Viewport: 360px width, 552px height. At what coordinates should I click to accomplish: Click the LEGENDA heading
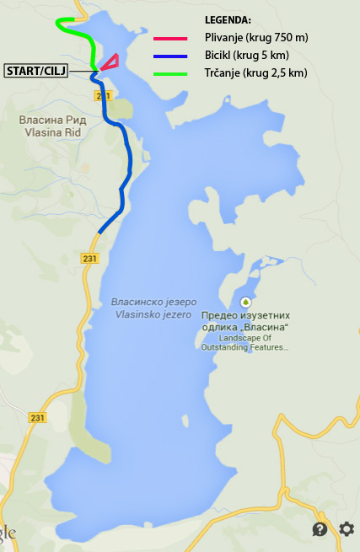228,19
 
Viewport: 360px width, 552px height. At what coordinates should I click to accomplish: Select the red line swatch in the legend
170,38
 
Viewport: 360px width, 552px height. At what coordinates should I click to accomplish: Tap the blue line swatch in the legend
170,56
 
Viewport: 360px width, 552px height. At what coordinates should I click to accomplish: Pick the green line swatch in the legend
170,73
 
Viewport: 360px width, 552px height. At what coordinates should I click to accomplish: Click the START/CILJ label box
35,70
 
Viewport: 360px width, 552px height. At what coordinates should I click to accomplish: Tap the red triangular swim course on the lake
110,60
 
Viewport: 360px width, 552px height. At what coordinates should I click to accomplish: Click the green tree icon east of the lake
245,302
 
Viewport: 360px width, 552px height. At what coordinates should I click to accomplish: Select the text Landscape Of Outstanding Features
245,342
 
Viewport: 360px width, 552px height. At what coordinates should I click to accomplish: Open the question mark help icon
320,529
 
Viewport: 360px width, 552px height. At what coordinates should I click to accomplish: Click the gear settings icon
347,529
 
